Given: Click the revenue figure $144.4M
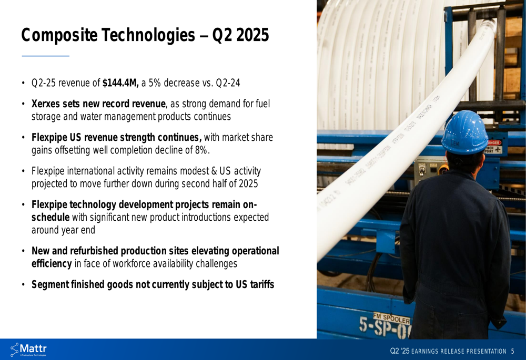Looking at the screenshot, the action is click(120, 83).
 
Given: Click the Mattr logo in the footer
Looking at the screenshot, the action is click(28, 349).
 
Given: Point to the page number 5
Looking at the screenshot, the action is click(512, 351).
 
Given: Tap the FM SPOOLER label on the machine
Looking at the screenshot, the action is click(391, 318).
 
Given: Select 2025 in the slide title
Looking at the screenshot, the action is click(252, 35).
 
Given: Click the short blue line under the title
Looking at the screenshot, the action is click(46, 56).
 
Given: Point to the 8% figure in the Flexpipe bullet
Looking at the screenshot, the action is click(201, 150).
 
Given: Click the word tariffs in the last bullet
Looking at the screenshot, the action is click(262, 284).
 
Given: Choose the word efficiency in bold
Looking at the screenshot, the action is click(52, 263).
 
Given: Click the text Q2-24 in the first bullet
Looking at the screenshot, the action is click(228, 83).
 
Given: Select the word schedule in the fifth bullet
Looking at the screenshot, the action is click(50, 217).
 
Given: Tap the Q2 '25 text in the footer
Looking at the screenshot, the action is click(400, 351).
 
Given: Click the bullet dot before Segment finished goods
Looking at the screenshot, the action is click(23, 284).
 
